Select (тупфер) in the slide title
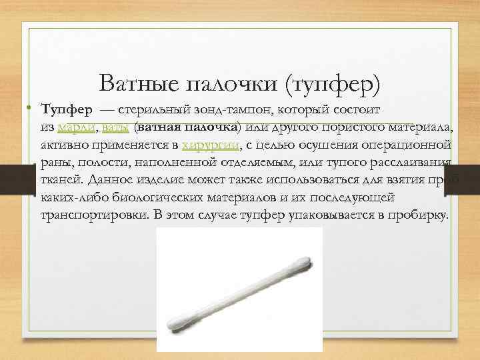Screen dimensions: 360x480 (331, 84)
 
